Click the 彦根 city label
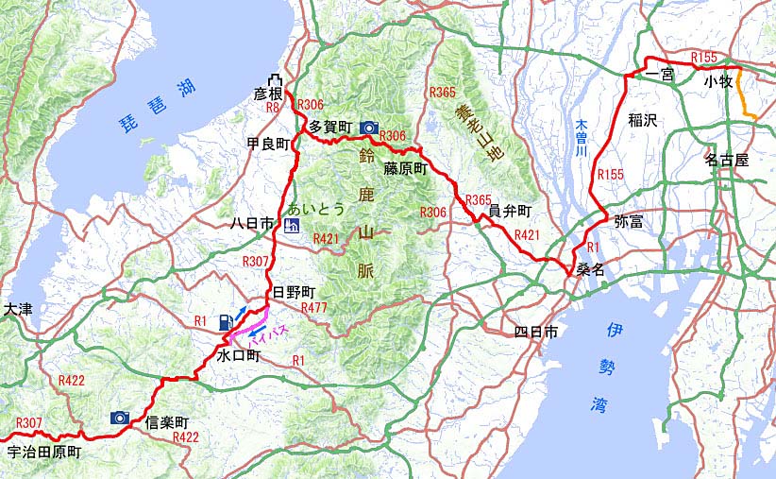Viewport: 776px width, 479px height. [268, 94]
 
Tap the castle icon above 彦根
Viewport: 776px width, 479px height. [275, 78]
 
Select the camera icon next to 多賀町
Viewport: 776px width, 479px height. [369, 127]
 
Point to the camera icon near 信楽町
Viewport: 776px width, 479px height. [120, 417]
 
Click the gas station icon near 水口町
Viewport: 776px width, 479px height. [225, 322]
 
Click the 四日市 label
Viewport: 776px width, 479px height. [537, 332]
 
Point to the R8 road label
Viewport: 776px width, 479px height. [273, 108]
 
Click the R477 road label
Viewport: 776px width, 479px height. [313, 308]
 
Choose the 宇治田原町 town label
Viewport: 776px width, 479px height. [43, 453]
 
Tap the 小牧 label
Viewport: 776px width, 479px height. [718, 82]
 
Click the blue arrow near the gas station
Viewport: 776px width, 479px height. [244, 311]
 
